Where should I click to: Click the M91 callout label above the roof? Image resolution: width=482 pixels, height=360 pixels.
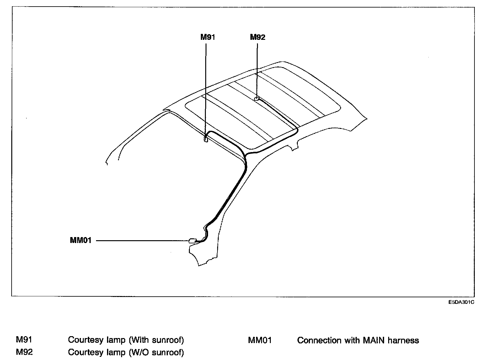pyautogui.click(x=207, y=37)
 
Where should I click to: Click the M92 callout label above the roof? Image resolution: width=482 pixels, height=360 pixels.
pyautogui.click(x=257, y=37)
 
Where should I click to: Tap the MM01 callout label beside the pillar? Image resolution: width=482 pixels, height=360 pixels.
pyautogui.click(x=81, y=241)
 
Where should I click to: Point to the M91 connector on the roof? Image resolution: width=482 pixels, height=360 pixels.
pyautogui.click(x=206, y=139)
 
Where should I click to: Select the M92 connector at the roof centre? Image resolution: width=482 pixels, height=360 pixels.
pyautogui.click(x=256, y=99)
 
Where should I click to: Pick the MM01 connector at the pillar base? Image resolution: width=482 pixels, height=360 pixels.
pyautogui.click(x=192, y=241)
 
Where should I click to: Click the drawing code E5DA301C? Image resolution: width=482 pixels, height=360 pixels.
pyautogui.click(x=461, y=302)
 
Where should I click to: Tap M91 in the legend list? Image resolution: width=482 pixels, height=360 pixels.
pyautogui.click(x=24, y=340)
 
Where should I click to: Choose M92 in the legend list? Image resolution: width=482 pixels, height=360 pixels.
pyautogui.click(x=24, y=352)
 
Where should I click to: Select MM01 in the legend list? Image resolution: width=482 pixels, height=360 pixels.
pyautogui.click(x=260, y=340)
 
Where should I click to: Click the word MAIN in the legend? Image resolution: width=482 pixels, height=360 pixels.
pyautogui.click(x=375, y=340)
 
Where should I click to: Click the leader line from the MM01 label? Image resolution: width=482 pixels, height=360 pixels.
pyautogui.click(x=141, y=241)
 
